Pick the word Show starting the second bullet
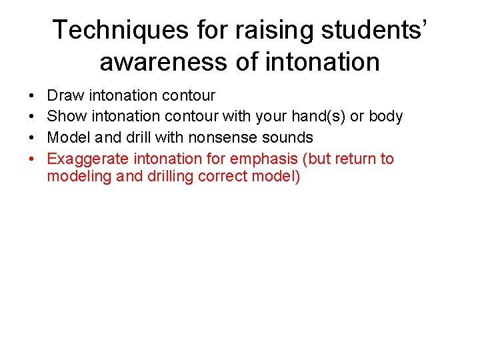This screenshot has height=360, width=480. (67, 117)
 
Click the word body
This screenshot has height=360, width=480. (386, 117)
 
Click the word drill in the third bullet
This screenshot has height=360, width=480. (139, 138)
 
